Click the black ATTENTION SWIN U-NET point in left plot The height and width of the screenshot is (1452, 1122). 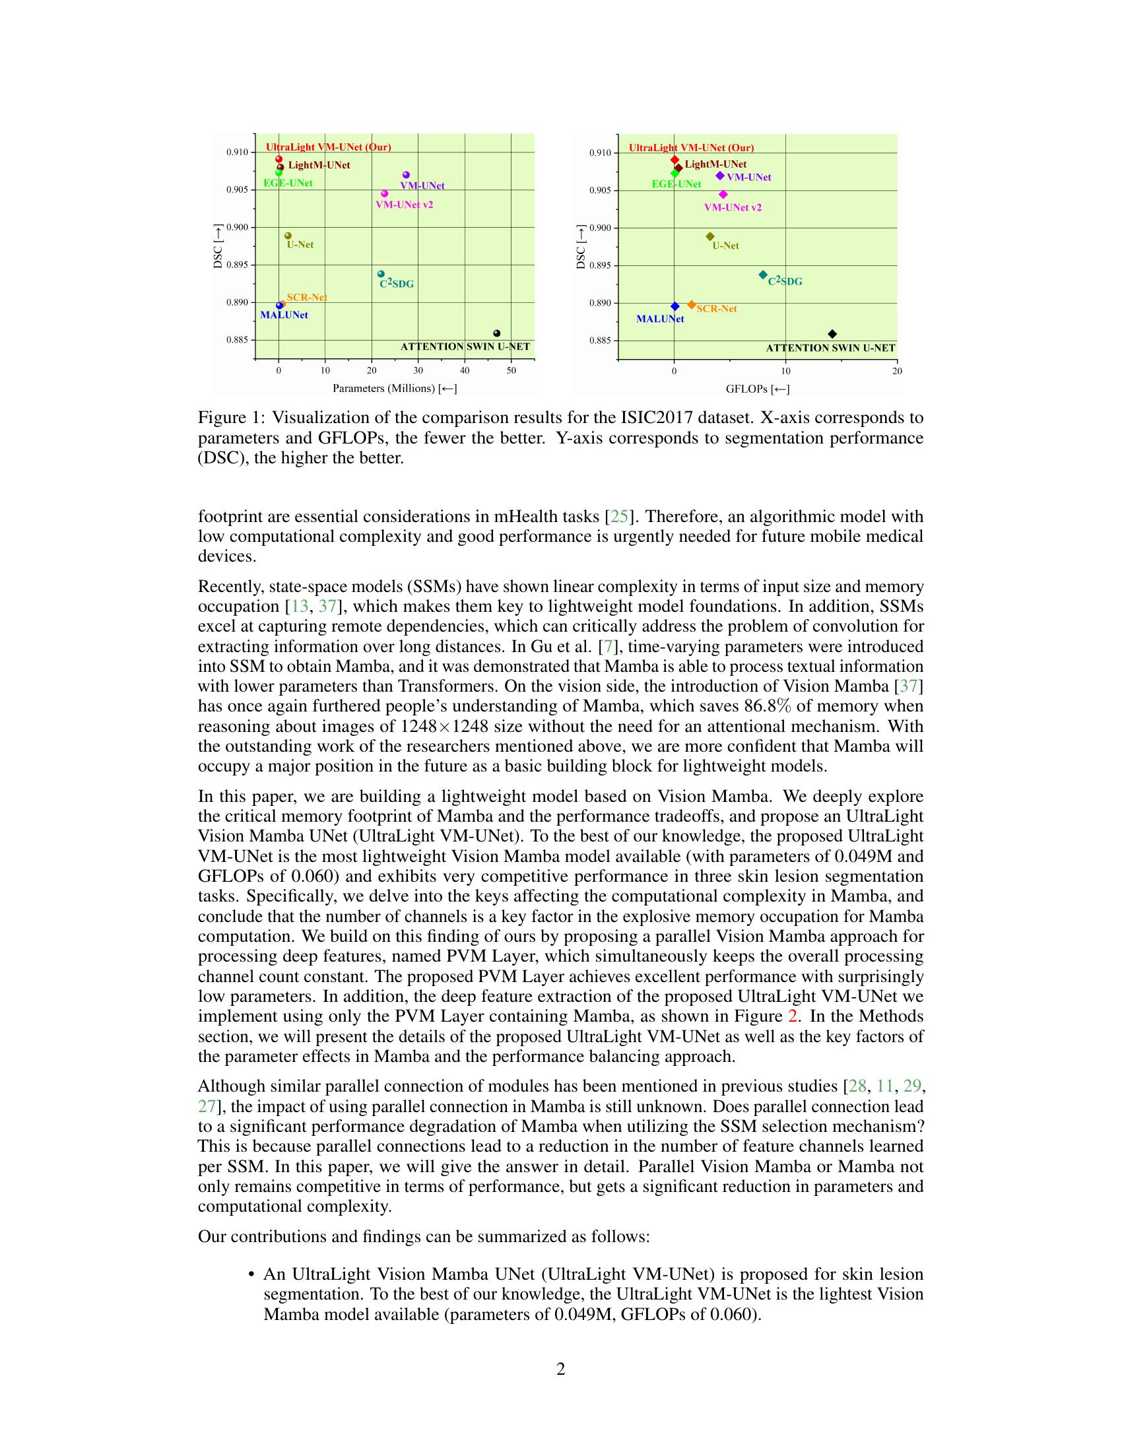[x=496, y=333]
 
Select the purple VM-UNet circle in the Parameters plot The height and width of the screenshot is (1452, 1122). [x=406, y=175]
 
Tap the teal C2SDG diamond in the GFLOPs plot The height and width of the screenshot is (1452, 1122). [x=763, y=275]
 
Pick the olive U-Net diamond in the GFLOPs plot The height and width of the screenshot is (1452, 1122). [x=710, y=236]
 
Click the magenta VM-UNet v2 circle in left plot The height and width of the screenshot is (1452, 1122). [x=384, y=193]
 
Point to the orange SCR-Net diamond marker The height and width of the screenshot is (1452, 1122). [x=691, y=304]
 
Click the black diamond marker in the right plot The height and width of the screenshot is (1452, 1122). [x=832, y=334]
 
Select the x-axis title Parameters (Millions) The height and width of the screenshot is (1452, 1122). [x=395, y=388]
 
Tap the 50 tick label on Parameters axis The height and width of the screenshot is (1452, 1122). [x=511, y=370]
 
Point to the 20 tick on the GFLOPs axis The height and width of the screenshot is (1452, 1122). [x=897, y=371]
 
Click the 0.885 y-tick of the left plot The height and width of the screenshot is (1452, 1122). [x=237, y=340]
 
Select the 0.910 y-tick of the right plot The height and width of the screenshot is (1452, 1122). [x=600, y=153]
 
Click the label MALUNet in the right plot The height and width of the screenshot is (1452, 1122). [x=660, y=319]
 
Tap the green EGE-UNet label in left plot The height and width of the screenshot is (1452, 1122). [x=288, y=183]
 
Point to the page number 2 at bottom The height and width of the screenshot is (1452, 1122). [x=560, y=1369]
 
